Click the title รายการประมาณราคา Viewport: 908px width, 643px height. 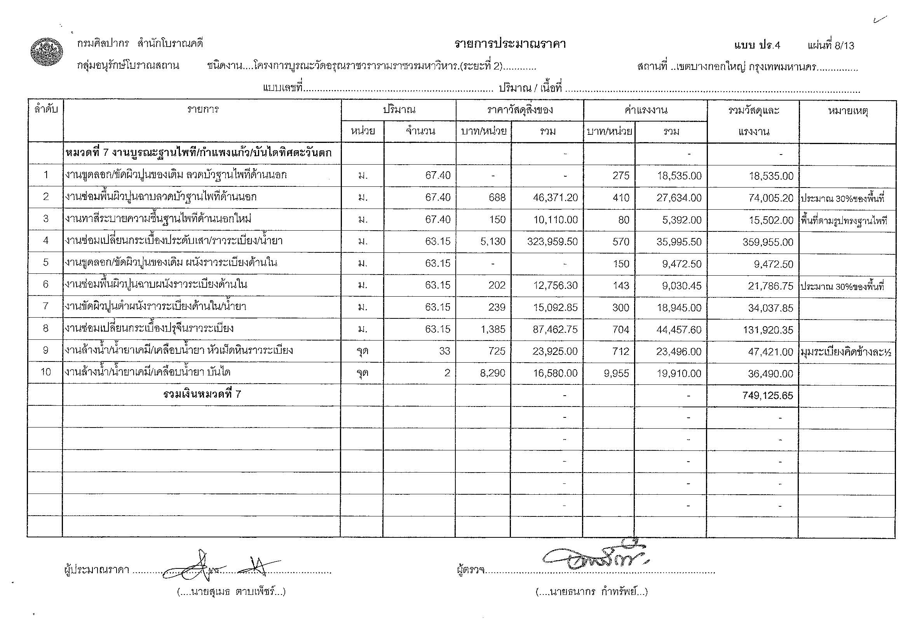point(510,44)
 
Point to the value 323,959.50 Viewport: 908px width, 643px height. point(552,242)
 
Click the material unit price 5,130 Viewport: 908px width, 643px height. point(493,242)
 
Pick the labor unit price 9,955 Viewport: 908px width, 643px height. point(617,374)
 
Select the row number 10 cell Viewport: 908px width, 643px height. point(46,372)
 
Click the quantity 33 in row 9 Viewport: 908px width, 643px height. point(444,351)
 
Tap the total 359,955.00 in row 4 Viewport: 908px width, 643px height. point(768,242)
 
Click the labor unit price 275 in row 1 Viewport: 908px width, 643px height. point(620,176)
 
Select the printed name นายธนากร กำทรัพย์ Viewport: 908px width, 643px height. point(591,592)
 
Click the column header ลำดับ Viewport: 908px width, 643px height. point(46,109)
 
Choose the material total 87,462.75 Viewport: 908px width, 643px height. point(555,329)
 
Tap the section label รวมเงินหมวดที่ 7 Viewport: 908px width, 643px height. point(202,394)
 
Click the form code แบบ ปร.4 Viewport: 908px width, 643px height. point(757,45)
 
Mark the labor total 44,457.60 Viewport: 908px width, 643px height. point(679,329)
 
